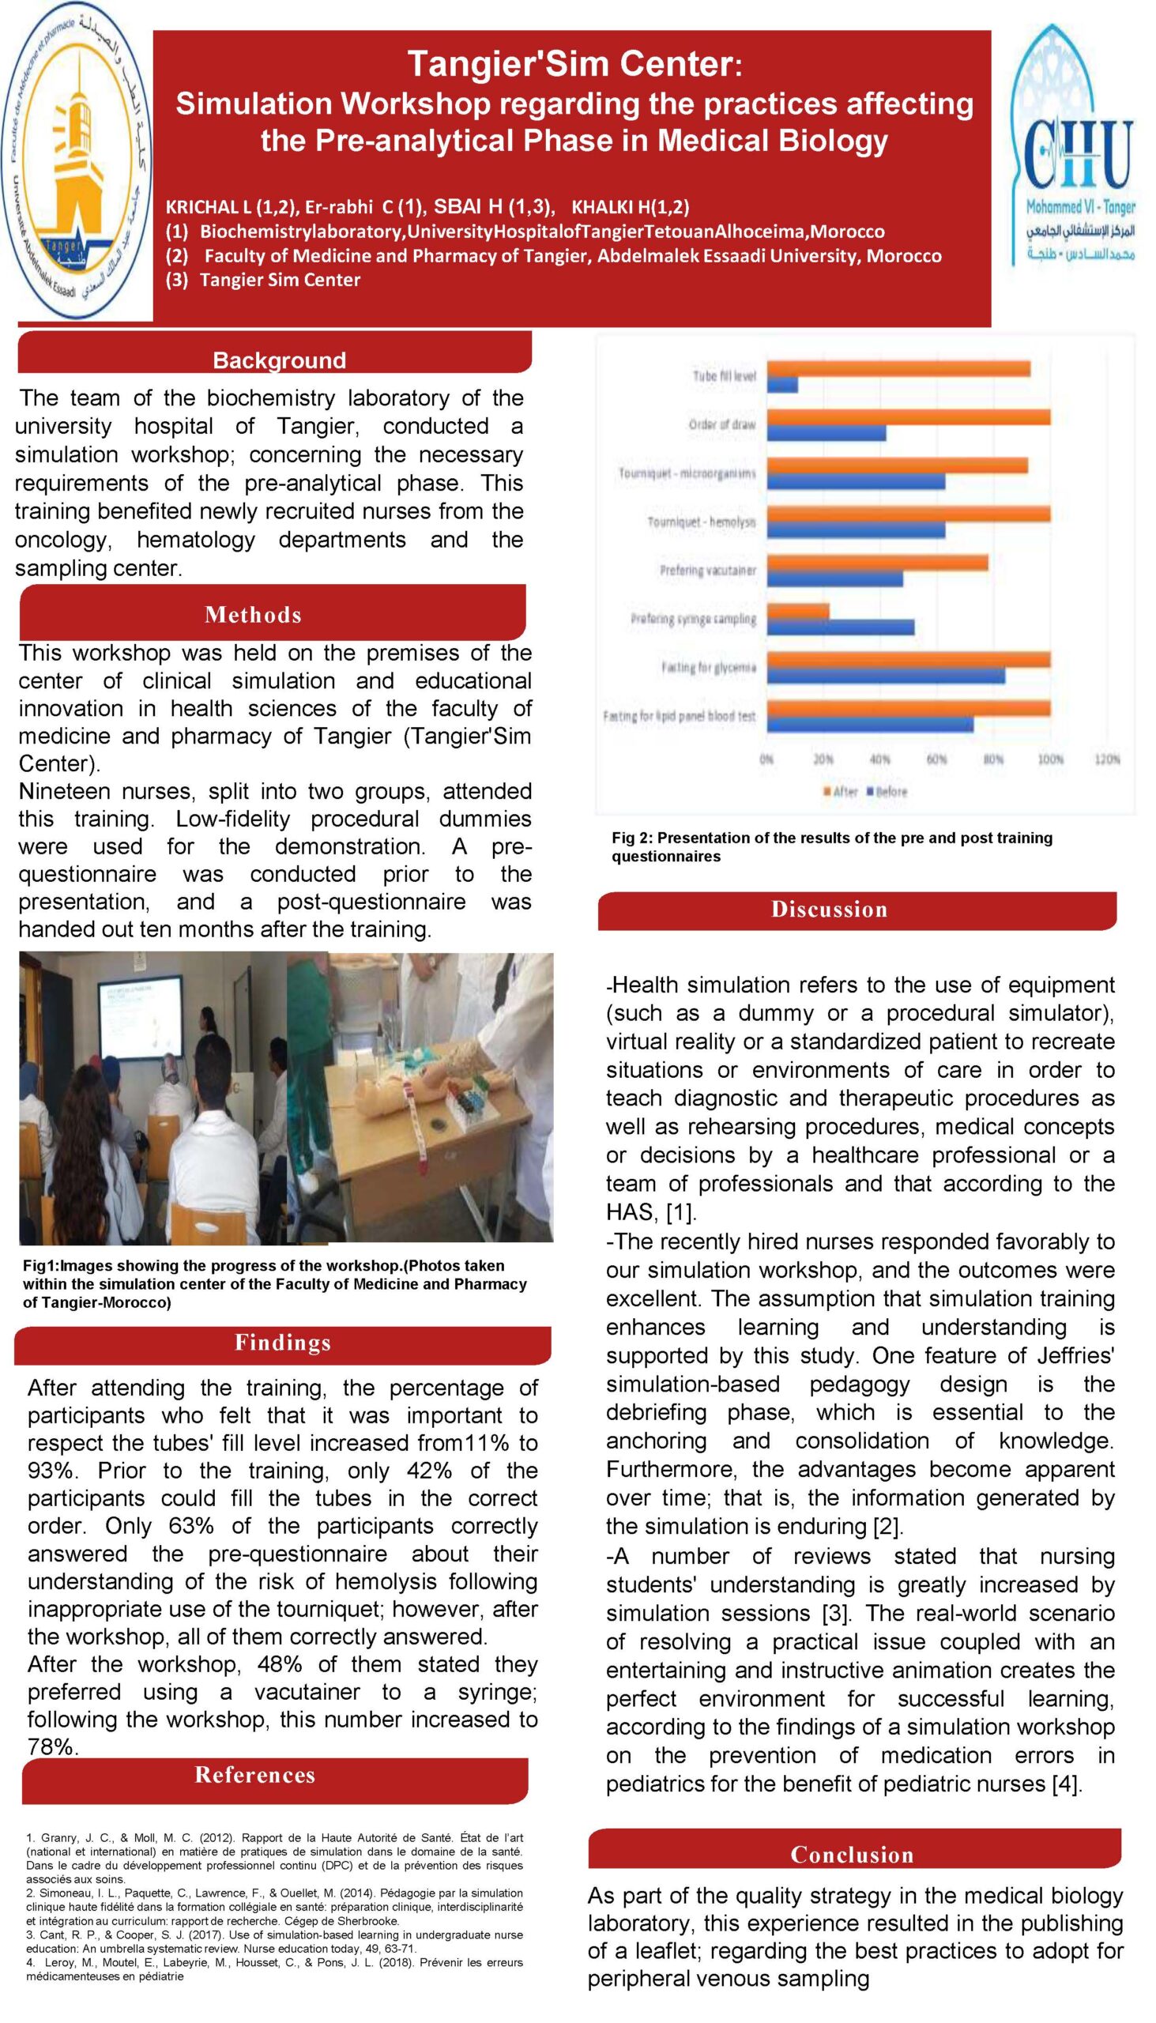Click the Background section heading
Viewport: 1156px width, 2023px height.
pyautogui.click(x=279, y=360)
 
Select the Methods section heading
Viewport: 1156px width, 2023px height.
pyautogui.click(x=253, y=615)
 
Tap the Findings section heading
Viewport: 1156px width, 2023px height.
pyautogui.click(x=283, y=1342)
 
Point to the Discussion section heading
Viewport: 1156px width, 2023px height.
pyautogui.click(x=829, y=909)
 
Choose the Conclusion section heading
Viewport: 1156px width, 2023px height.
pyautogui.click(x=852, y=1855)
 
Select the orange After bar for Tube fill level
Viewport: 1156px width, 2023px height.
pyautogui.click(x=898, y=368)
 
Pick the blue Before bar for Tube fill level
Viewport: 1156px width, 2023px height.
pyautogui.click(x=782, y=385)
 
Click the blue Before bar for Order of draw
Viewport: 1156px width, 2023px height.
pyautogui.click(x=826, y=434)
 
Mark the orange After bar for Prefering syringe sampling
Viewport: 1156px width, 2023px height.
pyautogui.click(x=798, y=611)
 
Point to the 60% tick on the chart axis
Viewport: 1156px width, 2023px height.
pyautogui.click(x=937, y=759)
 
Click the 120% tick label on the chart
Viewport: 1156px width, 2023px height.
pyautogui.click(x=1107, y=759)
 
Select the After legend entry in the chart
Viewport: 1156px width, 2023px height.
pyautogui.click(x=841, y=792)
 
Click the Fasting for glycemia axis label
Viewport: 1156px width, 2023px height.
pyautogui.click(x=708, y=668)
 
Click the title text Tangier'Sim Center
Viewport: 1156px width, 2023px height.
pyautogui.click(x=573, y=63)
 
